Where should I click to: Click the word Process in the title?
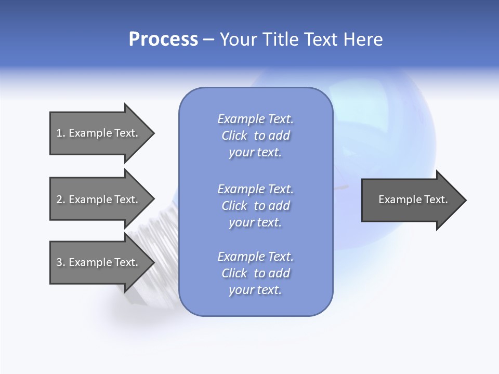(x=163, y=39)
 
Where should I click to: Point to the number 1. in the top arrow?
(x=61, y=133)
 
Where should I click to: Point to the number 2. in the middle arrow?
(x=61, y=199)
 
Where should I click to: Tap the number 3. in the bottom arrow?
(x=61, y=262)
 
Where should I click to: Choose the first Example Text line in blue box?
(x=255, y=119)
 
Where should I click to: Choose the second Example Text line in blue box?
(x=255, y=189)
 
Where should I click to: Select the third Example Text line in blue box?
(x=255, y=257)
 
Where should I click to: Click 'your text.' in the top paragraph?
(x=255, y=153)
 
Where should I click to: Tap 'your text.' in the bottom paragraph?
(x=255, y=290)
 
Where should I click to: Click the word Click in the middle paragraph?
(x=234, y=206)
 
